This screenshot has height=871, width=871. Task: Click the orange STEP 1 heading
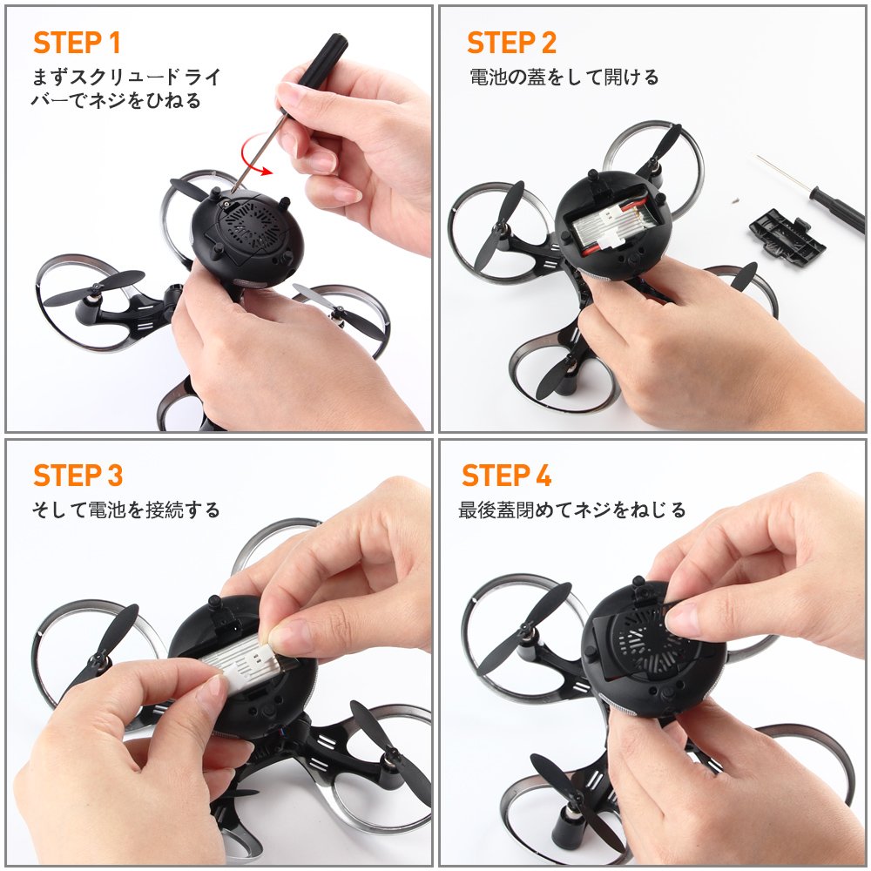click(x=77, y=43)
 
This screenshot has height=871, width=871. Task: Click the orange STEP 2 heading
click(x=511, y=43)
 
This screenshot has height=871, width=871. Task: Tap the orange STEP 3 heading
click(x=78, y=476)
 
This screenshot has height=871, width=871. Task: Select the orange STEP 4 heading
click(x=507, y=476)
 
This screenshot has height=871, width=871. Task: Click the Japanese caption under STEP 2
click(x=564, y=77)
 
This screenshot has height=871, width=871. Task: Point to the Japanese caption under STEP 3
click(x=126, y=510)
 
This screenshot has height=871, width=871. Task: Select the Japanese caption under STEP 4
click(x=572, y=510)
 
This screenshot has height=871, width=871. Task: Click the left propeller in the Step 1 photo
click(x=94, y=288)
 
